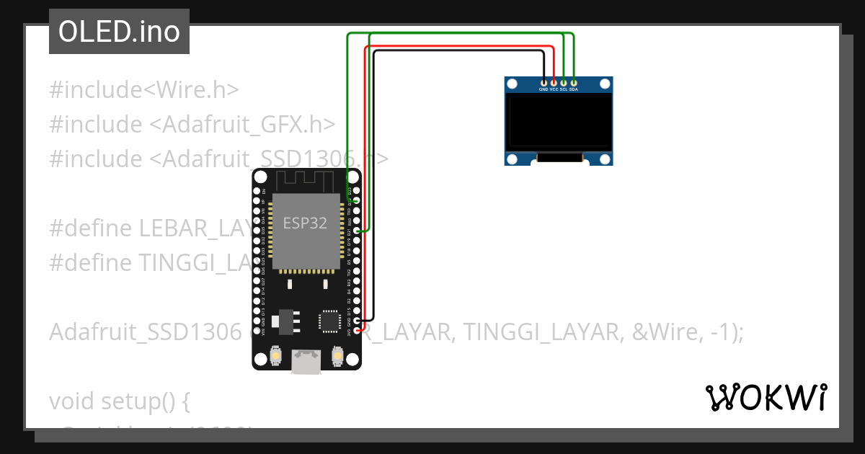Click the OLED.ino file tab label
point(119,32)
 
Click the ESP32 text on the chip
point(305,223)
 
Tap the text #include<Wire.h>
point(144,90)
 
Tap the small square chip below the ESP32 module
point(329,321)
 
